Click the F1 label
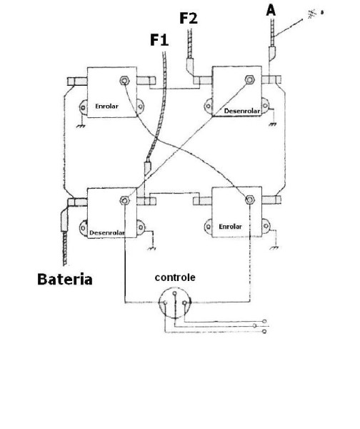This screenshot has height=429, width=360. [x=159, y=39]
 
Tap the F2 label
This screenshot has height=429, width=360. [x=189, y=18]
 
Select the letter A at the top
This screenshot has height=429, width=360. [x=271, y=11]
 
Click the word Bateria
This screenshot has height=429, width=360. [x=65, y=280]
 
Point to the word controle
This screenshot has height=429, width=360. [x=175, y=277]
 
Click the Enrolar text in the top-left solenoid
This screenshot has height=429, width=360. [x=106, y=106]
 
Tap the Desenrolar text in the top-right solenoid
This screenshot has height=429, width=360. [x=242, y=111]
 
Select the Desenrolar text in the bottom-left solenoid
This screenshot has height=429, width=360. [x=107, y=233]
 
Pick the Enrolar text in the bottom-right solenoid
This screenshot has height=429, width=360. [x=231, y=227]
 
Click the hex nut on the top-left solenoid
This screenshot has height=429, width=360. [x=124, y=81]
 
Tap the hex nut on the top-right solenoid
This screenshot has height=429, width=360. [x=249, y=79]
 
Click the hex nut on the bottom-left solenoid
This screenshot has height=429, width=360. [x=125, y=200]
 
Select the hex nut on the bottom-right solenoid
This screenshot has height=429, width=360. [x=249, y=199]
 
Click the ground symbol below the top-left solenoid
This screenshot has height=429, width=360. [x=81, y=126]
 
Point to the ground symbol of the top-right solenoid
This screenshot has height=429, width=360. [x=273, y=124]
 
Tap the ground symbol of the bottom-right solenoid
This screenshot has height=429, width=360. [x=274, y=248]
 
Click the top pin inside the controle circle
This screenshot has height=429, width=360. [x=175, y=294]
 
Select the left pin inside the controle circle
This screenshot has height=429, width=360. [x=165, y=302]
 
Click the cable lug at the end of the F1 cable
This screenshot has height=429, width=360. [x=147, y=168]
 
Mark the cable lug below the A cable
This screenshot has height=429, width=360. [x=272, y=54]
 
